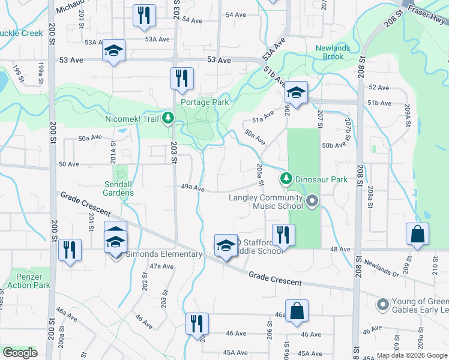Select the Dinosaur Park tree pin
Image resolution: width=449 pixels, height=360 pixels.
coord(286,179)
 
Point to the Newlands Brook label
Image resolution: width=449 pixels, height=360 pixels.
coord(330,52)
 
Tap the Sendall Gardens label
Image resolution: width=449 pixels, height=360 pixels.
coord(118,188)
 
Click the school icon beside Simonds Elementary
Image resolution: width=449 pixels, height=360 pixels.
coord(116,243)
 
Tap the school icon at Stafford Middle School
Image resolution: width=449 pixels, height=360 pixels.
coord(226,246)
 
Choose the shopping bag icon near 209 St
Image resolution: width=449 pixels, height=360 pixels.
coord(417,235)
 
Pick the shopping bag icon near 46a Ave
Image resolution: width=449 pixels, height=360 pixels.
coord(297,311)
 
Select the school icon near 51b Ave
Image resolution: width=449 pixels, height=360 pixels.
coord(296,92)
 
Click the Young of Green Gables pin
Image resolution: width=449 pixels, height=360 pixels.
coord(383,305)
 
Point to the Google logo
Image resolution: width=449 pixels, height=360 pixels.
coord(20,353)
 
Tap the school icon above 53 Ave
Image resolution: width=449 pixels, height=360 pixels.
coord(113,51)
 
